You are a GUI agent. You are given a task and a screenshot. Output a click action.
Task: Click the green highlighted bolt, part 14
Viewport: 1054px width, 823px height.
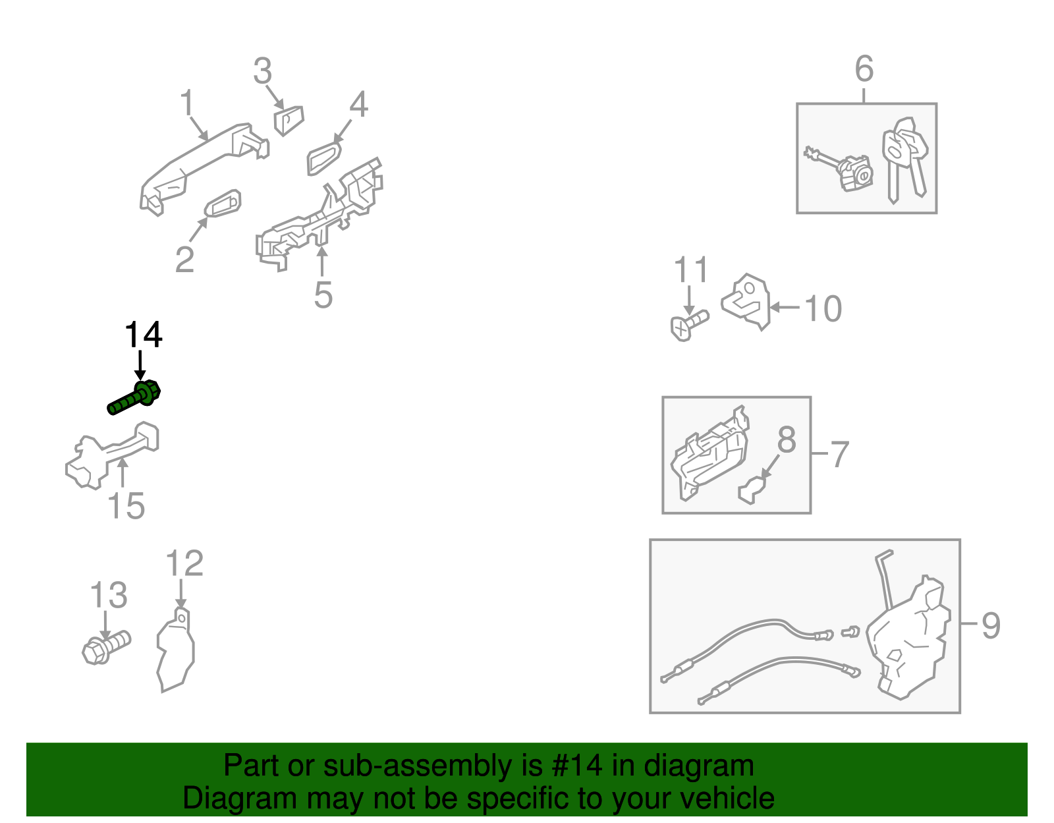(x=134, y=398)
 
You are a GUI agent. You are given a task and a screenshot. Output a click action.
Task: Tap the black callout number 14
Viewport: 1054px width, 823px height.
(x=144, y=335)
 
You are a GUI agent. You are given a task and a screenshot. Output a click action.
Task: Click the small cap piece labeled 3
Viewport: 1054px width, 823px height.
(x=289, y=121)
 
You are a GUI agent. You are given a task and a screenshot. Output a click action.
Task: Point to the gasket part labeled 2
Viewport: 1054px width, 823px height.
(x=223, y=203)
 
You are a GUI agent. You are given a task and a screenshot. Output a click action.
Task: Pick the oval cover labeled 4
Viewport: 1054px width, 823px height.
(x=324, y=158)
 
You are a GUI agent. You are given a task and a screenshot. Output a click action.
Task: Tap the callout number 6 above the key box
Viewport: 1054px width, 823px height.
(x=864, y=69)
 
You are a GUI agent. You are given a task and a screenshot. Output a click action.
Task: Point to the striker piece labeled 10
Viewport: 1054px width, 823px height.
(x=746, y=302)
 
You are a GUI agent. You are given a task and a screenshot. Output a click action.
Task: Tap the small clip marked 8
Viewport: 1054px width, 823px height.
(x=752, y=490)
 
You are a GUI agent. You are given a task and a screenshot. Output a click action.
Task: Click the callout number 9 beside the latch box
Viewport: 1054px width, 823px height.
(x=991, y=625)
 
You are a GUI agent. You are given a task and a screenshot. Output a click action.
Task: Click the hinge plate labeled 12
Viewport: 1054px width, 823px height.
(x=176, y=650)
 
